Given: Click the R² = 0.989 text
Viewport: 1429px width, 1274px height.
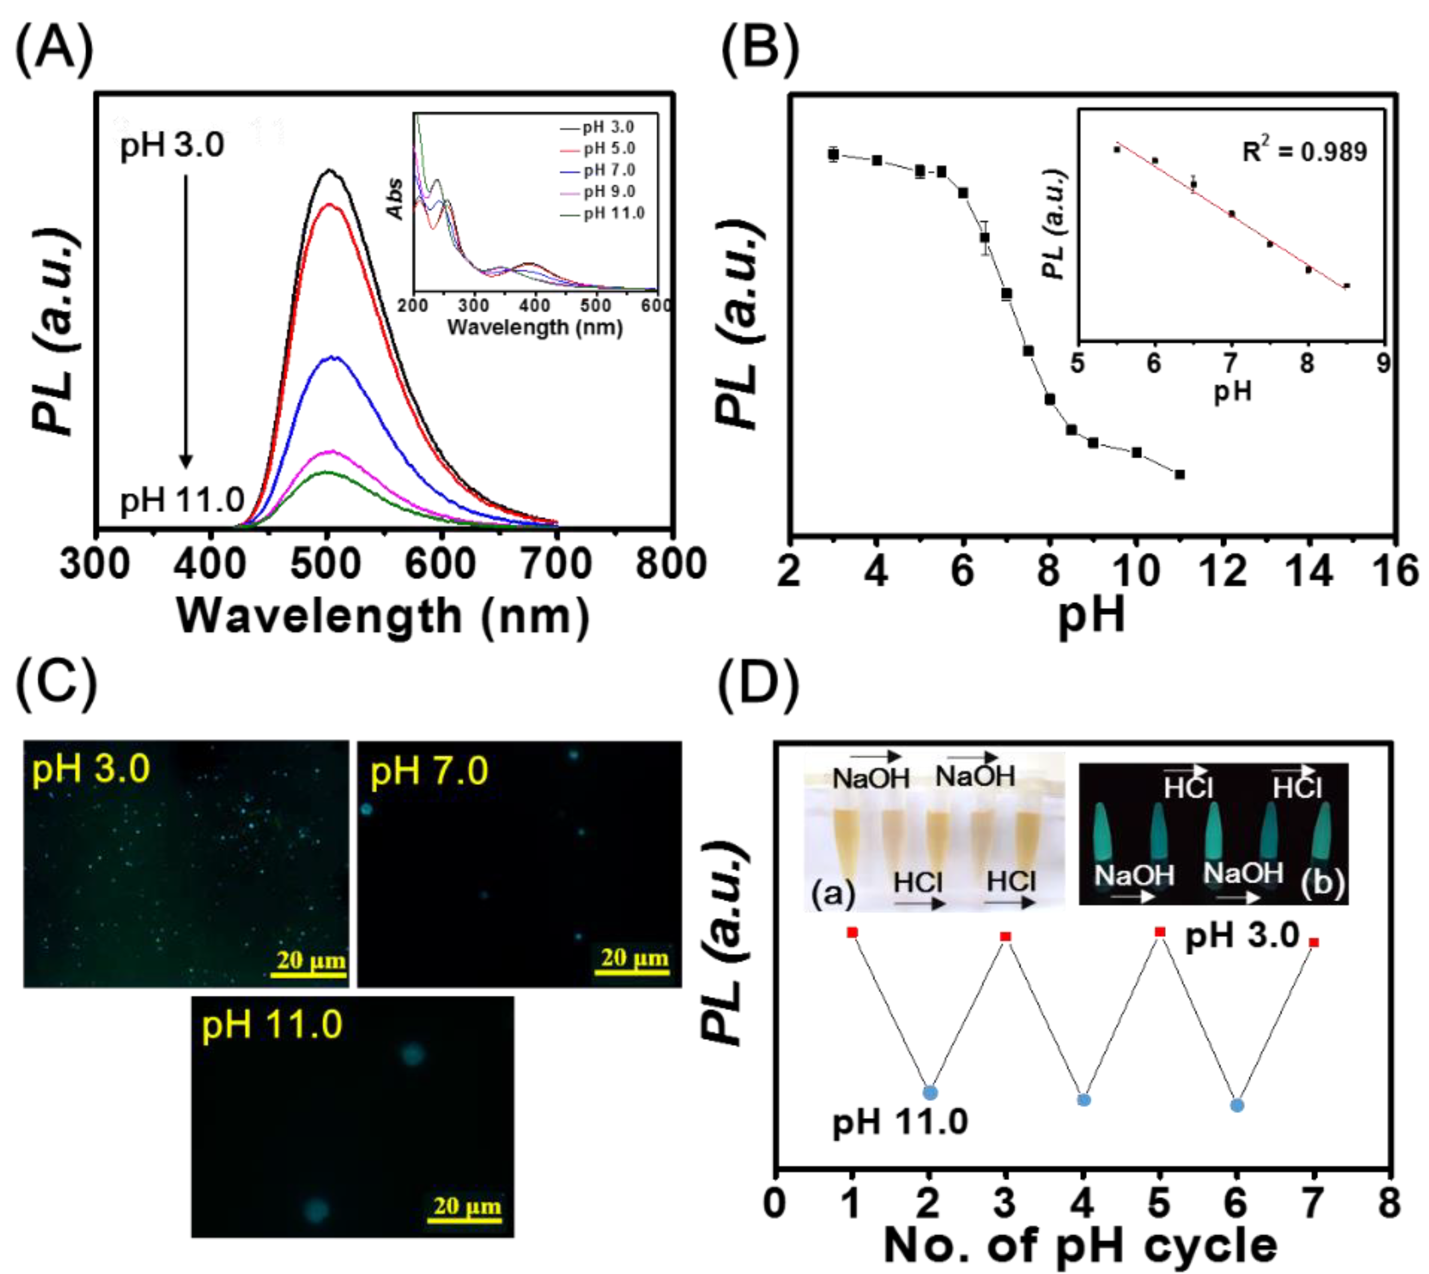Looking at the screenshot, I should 1304,152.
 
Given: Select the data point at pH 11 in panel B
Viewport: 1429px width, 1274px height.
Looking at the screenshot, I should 1180,475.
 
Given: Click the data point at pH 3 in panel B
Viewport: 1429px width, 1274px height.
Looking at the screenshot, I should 833,154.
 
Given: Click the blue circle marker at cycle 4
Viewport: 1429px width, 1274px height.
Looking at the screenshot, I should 1083,1100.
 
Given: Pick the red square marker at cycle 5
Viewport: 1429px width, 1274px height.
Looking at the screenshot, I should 1160,932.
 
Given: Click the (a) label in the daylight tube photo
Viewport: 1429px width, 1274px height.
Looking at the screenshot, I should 832,893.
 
